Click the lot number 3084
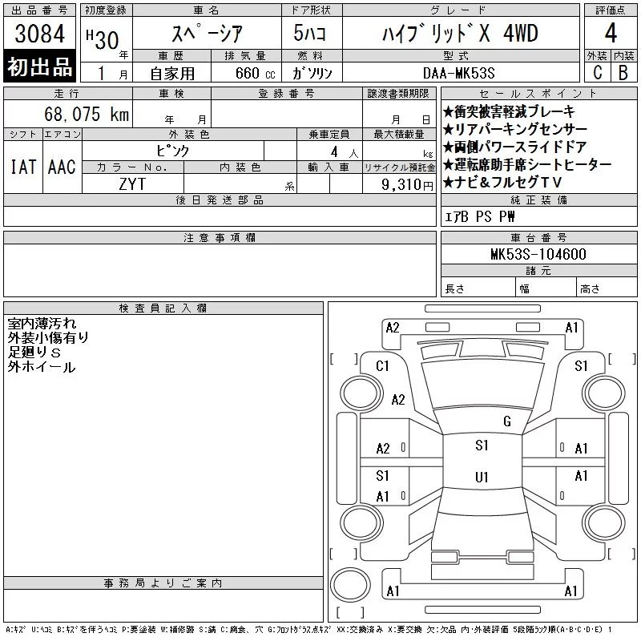tap(39, 34)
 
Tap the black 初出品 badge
tap(39, 67)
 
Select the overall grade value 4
tap(611, 33)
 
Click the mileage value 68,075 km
tap(87, 114)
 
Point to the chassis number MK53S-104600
tap(538, 254)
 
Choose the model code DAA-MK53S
tap(458, 73)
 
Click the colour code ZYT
tap(132, 184)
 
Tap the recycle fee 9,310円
tap(407, 185)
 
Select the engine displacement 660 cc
tap(255, 74)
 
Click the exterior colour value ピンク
tap(173, 151)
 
